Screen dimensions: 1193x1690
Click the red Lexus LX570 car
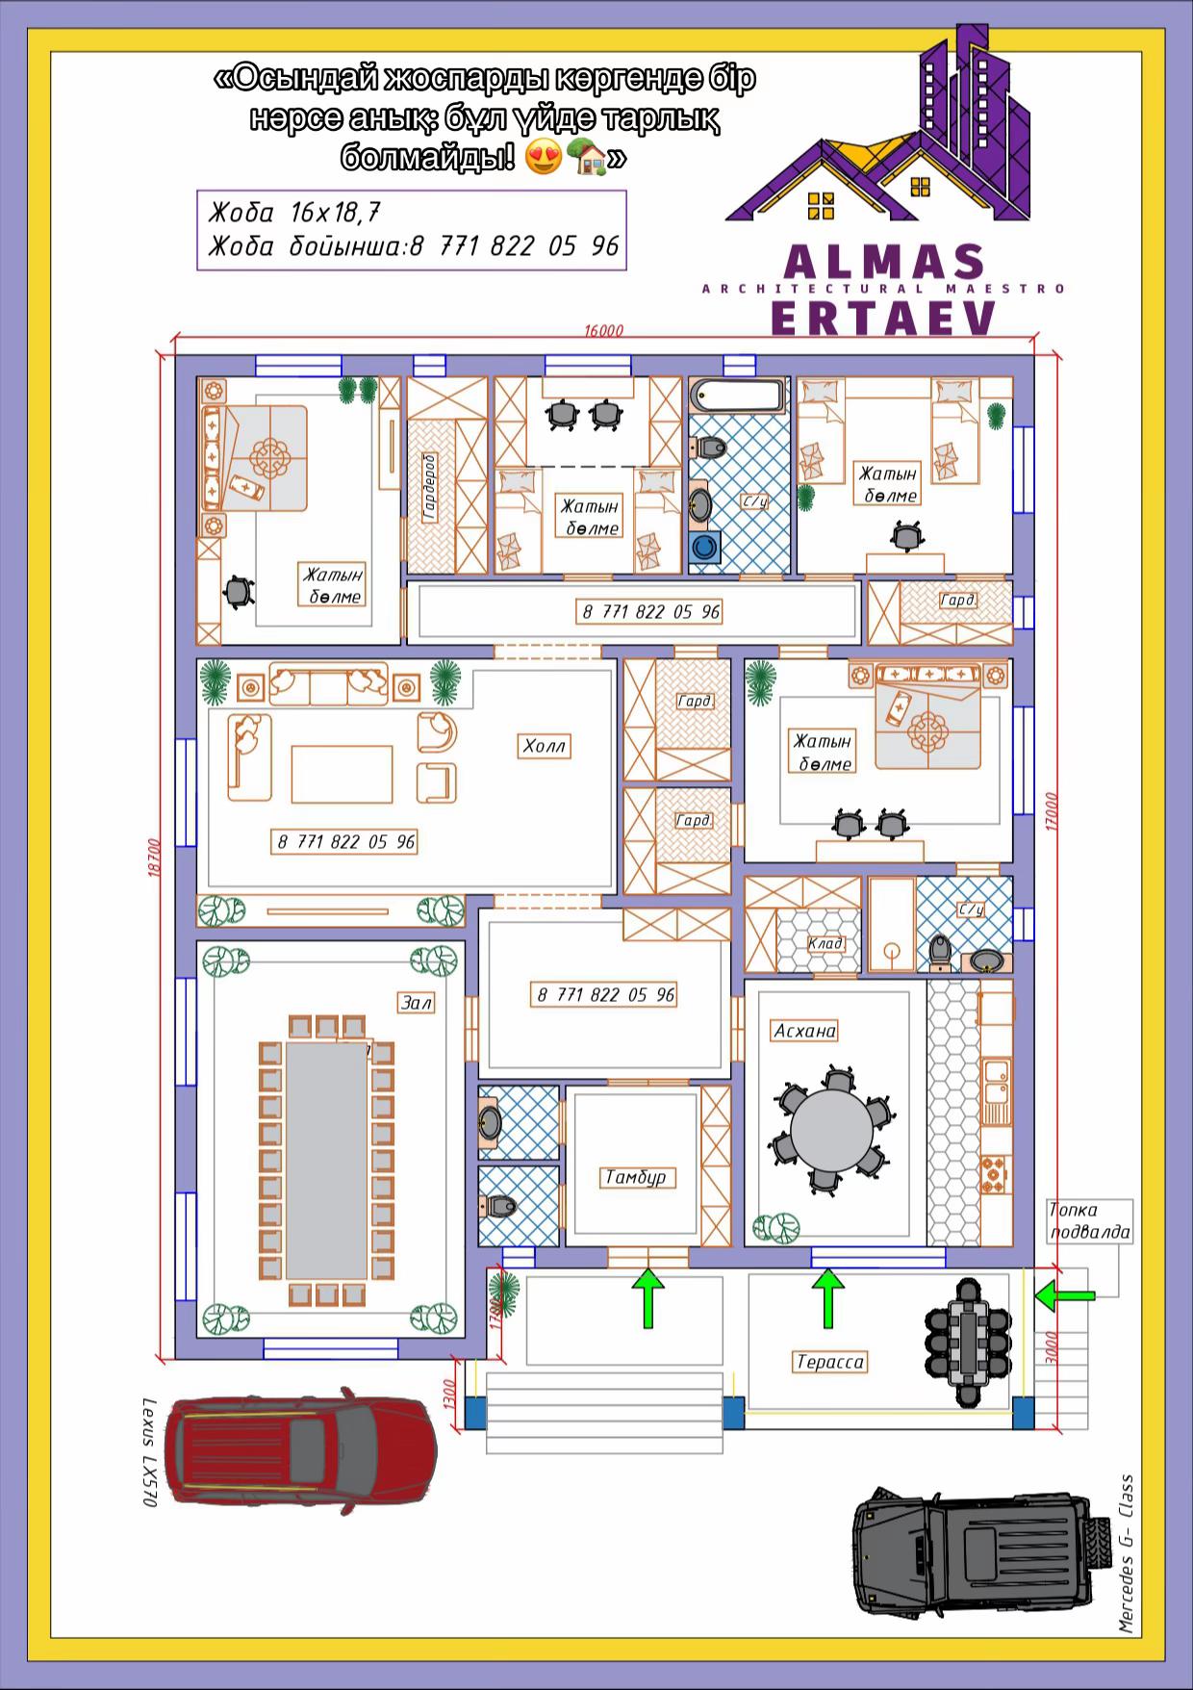pos(300,1451)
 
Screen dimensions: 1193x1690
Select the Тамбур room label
pos(635,1177)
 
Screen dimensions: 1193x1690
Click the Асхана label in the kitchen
pos(805,1031)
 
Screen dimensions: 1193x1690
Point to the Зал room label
pos(417,1003)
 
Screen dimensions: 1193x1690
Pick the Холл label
pos(545,746)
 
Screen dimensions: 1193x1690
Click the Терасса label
pos(830,1362)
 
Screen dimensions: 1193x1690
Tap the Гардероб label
pos(429,487)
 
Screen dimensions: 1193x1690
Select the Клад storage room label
pos(825,943)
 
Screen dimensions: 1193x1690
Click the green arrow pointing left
pos(1065,1296)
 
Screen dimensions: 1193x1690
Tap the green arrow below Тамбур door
pos(649,1298)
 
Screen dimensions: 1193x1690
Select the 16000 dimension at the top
pos(603,330)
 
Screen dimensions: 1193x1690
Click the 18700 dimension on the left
pos(154,857)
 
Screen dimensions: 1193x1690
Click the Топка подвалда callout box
pos(1089,1221)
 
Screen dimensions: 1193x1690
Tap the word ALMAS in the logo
pos(885,262)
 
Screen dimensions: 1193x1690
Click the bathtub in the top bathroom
pos(739,396)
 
